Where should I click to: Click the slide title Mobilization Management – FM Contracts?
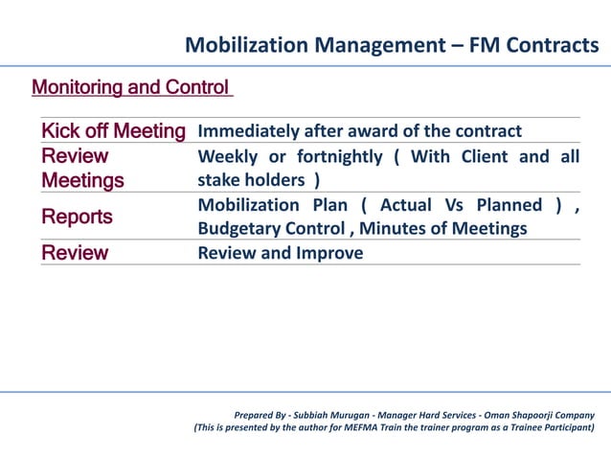tap(392, 44)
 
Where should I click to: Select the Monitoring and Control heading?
tap(131, 88)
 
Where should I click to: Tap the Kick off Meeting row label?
tap(113, 131)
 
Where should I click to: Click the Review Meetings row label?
tap(82, 169)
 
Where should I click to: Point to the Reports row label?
tap(77, 218)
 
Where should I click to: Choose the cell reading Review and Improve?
tap(280, 253)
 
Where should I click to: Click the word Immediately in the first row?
tap(247, 131)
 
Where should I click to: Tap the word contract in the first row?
tap(486, 131)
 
